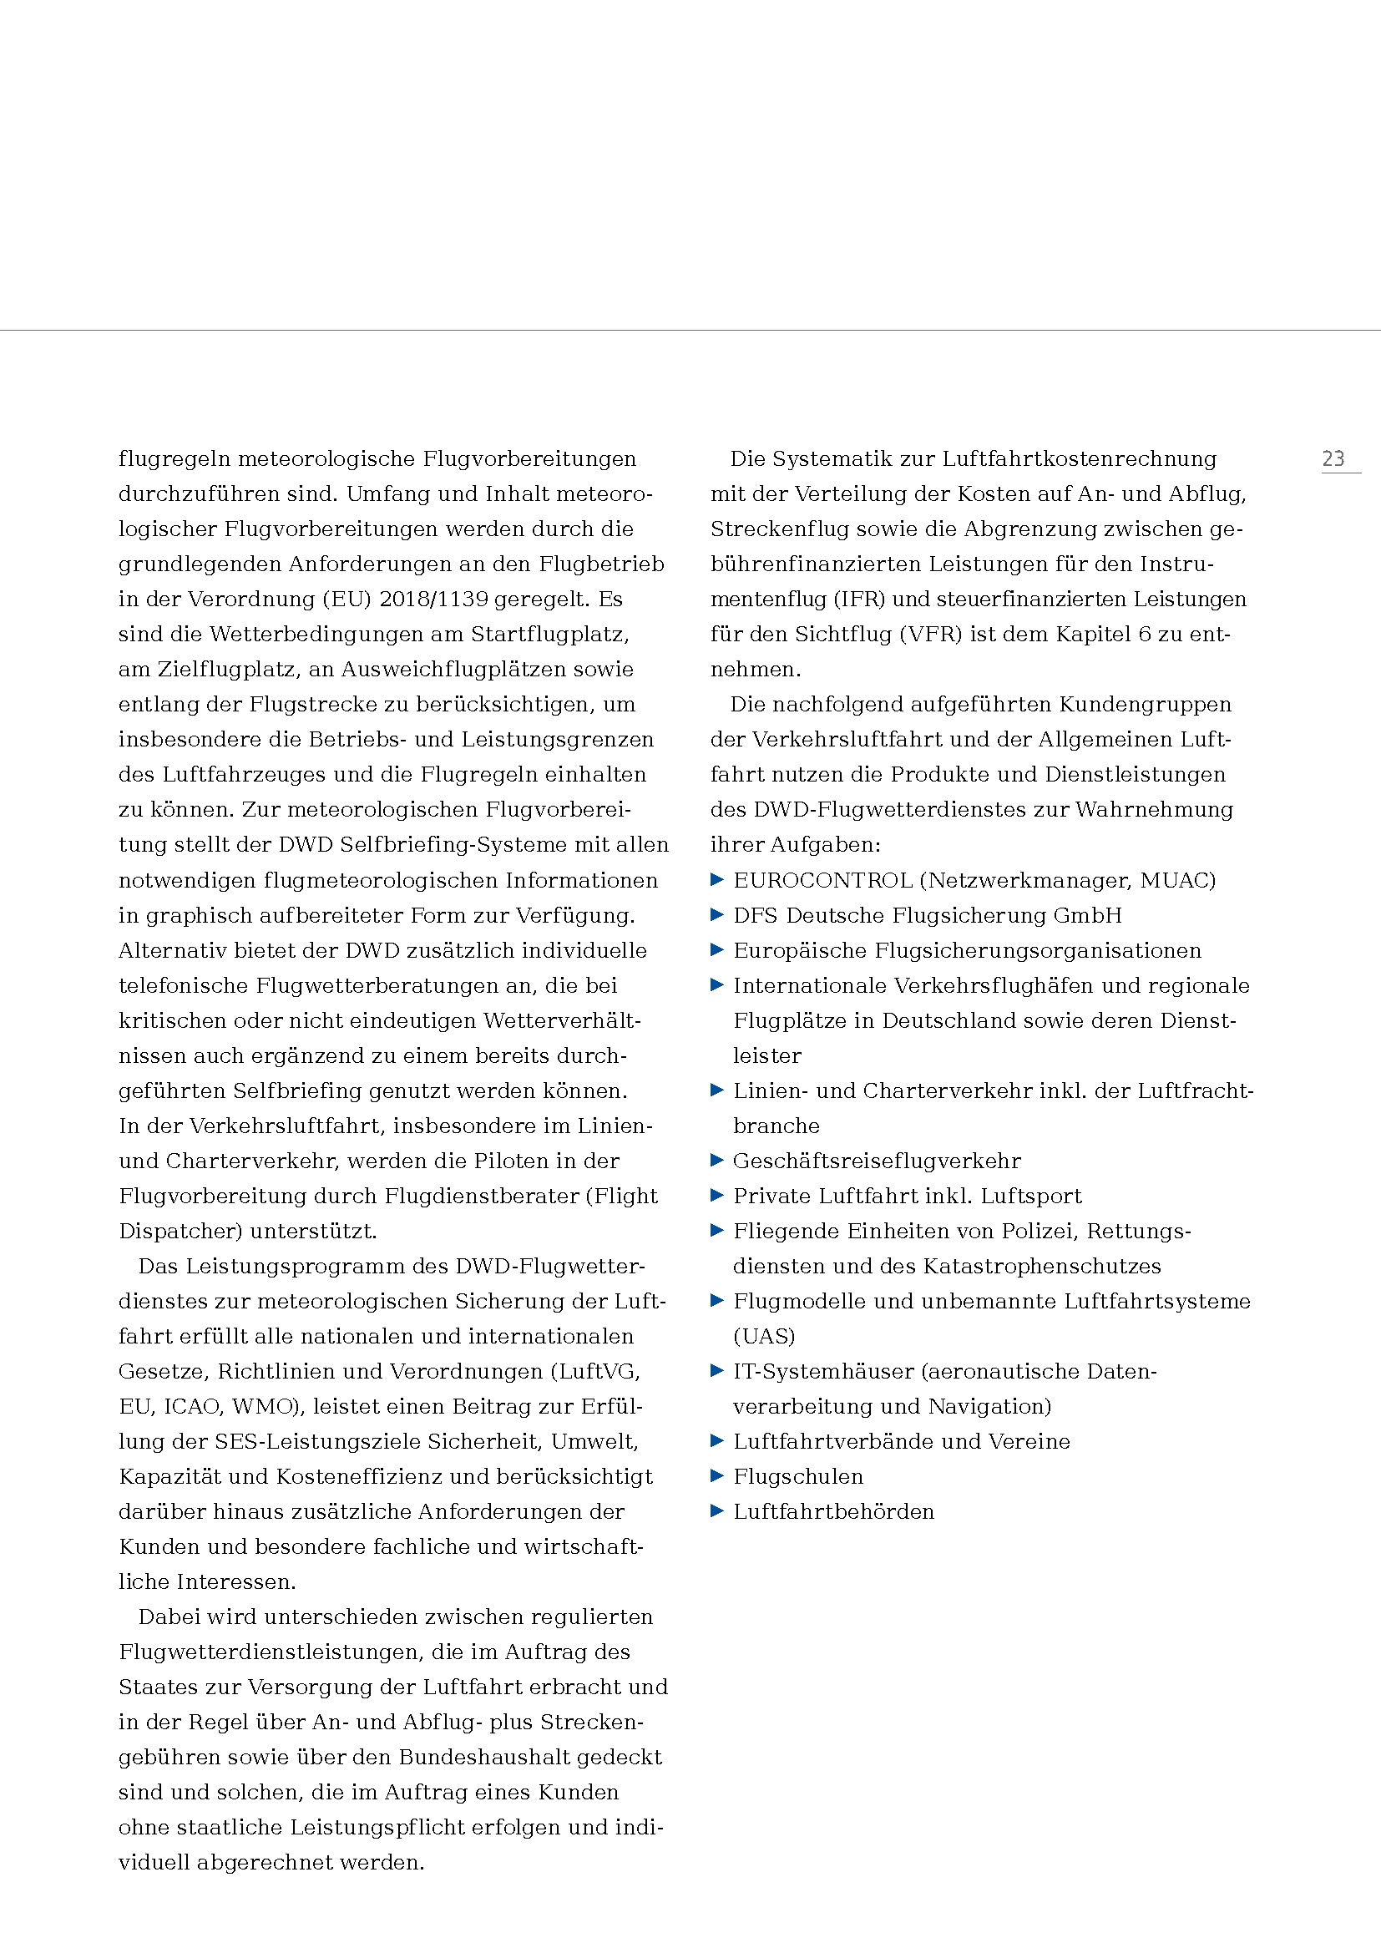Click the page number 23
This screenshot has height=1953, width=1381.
(x=1333, y=459)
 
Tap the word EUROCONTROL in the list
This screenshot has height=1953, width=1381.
(x=822, y=880)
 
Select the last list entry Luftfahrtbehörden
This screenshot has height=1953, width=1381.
(x=833, y=1511)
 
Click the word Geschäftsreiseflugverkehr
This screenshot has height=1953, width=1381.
(x=877, y=1161)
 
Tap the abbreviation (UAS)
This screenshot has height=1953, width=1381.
(x=764, y=1336)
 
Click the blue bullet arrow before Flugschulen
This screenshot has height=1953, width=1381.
(x=717, y=1475)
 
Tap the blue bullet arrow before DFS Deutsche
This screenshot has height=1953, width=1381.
(x=717, y=915)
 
